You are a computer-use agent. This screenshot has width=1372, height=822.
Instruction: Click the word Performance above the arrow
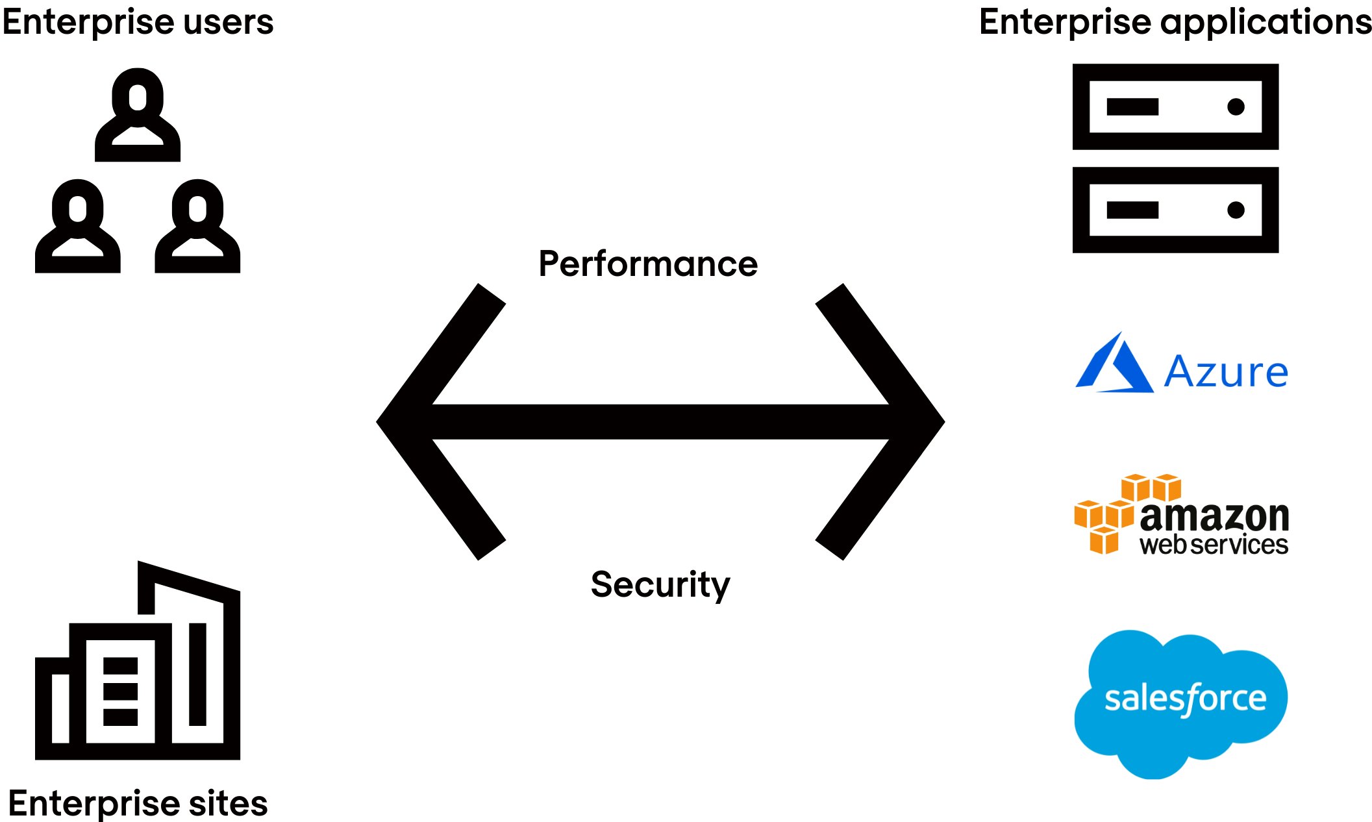648,264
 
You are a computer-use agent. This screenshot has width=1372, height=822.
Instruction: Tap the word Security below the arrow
660,584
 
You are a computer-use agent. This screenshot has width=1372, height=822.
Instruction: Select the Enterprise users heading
138,22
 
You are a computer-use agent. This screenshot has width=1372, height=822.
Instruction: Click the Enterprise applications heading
1175,22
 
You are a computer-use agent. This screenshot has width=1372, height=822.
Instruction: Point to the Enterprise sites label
138,803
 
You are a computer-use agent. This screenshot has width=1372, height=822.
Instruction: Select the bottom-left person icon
77,227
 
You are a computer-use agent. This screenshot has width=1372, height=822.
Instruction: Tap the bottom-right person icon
197,227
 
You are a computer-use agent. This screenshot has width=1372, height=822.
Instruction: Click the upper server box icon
1175,107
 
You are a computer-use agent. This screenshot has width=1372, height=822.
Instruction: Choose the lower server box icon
1175,210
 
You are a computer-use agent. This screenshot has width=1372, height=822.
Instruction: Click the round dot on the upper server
1236,107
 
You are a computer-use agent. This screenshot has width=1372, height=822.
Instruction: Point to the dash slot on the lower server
1132,210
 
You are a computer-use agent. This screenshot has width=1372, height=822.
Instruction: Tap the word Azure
1226,372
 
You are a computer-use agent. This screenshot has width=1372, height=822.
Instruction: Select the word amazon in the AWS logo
1214,517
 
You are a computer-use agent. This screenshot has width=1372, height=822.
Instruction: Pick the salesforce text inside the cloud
1185,699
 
